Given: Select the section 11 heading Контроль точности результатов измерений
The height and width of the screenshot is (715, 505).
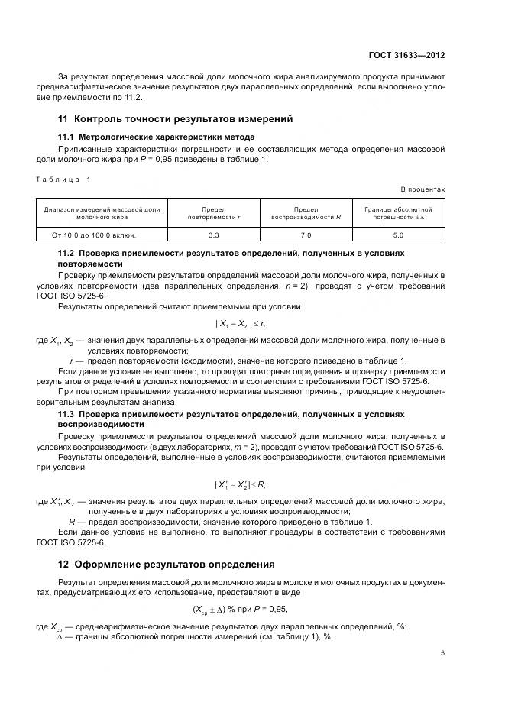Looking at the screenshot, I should [176, 119].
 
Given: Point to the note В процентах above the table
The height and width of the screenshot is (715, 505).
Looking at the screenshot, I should [422, 189].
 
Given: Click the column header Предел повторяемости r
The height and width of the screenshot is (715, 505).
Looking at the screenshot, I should [214, 212].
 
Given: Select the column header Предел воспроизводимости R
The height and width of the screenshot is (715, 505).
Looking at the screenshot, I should [306, 212].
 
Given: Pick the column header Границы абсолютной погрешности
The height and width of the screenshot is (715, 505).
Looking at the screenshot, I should [397, 212].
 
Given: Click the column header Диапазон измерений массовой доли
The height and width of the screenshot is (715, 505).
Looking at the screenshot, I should [102, 212].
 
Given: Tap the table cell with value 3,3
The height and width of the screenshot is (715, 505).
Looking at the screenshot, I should [214, 236].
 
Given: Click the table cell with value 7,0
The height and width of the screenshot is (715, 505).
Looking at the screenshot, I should [306, 236].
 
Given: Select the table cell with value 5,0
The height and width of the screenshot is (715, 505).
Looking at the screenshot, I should [397, 236].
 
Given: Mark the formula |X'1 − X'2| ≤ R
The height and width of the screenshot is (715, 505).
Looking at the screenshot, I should [241, 484].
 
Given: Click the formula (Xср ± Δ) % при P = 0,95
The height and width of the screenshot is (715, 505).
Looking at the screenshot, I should [241, 608].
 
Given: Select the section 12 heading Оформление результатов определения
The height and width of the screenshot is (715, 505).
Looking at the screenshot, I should [167, 565].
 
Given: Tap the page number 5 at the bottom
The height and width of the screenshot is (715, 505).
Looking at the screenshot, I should [443, 653].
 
